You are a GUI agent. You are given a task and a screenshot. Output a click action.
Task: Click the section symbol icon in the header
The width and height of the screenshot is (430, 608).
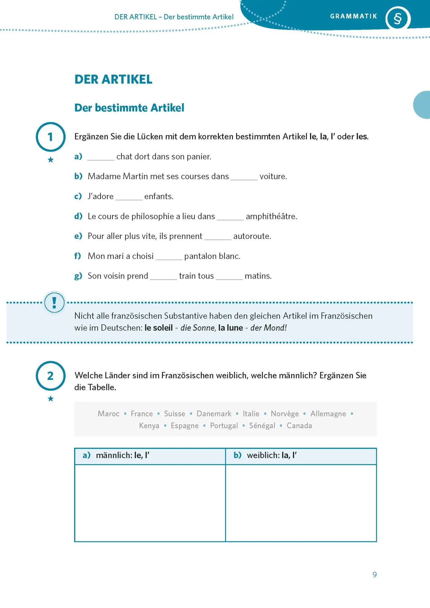point(397,19)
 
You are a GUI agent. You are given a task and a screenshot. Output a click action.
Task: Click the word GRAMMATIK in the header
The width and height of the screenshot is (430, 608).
point(353,16)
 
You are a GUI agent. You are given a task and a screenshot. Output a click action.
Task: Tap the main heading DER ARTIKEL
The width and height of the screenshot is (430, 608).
point(113,79)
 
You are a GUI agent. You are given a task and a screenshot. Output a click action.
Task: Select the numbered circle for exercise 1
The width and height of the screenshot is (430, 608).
point(50,137)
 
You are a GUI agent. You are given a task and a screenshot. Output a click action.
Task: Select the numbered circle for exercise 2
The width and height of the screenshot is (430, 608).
point(50,376)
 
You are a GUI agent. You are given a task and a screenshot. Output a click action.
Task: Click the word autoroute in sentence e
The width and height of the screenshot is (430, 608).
point(252,236)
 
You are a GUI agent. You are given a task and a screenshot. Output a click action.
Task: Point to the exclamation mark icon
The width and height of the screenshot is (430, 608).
point(54,302)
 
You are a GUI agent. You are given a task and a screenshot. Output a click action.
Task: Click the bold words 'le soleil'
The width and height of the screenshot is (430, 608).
point(159,328)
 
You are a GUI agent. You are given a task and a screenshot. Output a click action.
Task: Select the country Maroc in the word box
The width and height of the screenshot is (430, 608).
point(108,414)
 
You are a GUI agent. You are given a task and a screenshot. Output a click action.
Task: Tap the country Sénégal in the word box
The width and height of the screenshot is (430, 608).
point(262,426)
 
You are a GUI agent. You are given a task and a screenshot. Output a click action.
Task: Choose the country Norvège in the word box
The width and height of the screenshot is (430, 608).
point(285,414)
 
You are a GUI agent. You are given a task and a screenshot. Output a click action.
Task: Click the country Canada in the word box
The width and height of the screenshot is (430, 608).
point(299,426)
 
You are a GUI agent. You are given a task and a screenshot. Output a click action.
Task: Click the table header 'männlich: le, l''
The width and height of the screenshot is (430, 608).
point(122,455)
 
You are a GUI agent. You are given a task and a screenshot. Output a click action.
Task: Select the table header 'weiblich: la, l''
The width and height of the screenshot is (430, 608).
point(272,455)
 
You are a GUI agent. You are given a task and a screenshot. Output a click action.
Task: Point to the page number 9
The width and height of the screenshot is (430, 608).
point(375,575)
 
